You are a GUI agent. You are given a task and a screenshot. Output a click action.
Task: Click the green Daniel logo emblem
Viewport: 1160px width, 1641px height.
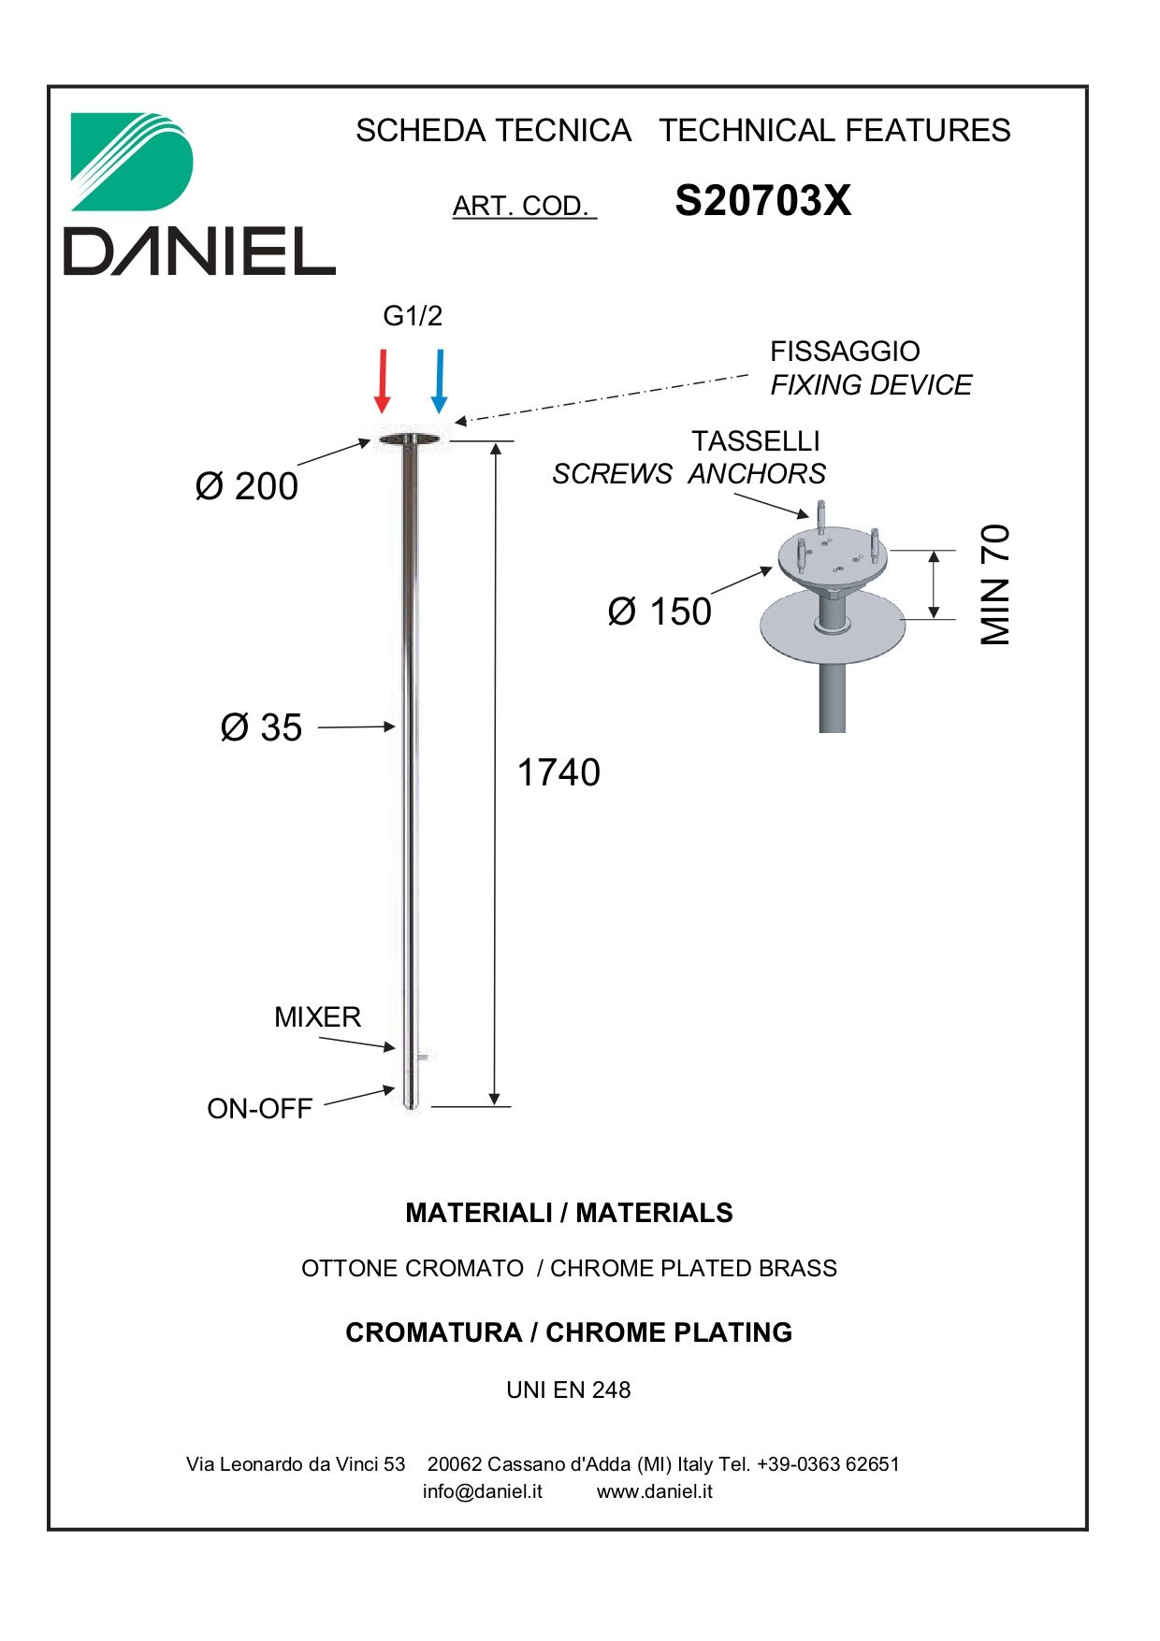(132, 162)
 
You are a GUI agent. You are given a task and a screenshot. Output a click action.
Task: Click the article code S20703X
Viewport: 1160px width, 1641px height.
(763, 201)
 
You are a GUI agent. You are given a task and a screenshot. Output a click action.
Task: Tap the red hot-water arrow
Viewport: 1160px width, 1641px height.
(382, 381)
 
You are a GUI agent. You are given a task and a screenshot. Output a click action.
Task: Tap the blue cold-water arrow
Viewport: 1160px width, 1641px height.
(439, 381)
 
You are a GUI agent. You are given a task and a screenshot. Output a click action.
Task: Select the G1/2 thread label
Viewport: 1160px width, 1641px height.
(413, 316)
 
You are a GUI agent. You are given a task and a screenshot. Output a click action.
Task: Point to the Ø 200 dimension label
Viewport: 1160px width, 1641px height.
(247, 486)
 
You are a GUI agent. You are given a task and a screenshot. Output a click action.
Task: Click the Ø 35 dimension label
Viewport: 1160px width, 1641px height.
(262, 727)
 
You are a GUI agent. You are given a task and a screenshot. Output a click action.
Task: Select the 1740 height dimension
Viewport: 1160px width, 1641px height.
(558, 772)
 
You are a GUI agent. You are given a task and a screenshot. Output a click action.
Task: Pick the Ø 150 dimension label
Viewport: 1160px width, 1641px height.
(660, 612)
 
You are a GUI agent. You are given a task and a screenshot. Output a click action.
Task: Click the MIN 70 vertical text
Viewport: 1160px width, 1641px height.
(996, 584)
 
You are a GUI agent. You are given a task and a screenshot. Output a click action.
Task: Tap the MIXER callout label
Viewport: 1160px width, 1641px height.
(317, 1017)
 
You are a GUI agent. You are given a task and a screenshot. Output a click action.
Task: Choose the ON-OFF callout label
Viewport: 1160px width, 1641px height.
(260, 1109)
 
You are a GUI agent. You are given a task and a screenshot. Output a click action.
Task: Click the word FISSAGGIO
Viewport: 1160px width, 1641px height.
(845, 352)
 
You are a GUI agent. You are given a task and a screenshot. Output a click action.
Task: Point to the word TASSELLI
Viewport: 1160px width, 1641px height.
(756, 441)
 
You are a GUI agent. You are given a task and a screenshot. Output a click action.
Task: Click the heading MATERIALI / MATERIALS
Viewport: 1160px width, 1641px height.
(569, 1213)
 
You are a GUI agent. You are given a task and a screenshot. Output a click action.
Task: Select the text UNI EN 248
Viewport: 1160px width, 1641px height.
(569, 1390)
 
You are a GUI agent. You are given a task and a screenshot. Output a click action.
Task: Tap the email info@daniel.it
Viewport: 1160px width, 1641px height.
(483, 1491)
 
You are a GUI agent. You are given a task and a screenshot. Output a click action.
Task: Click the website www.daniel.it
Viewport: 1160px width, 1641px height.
(655, 1491)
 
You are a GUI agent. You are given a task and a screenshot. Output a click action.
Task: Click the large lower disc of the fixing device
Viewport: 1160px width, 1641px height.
(833, 626)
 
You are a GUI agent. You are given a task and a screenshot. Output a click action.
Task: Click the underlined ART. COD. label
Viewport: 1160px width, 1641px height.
(524, 206)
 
